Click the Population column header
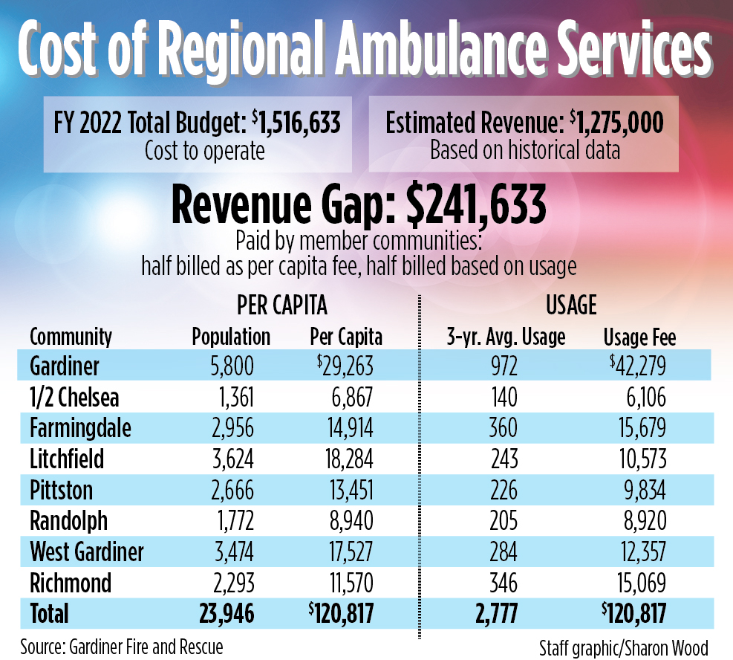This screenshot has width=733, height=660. tap(231, 337)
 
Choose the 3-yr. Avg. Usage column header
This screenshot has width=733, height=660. tap(504, 337)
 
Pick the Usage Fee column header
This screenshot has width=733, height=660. tap(639, 337)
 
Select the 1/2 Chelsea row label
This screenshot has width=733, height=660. tap(74, 398)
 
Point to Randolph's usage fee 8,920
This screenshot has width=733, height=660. tap(646, 521)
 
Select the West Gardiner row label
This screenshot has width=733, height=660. tap(87, 552)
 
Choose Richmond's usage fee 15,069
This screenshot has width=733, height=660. tap(641, 583)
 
